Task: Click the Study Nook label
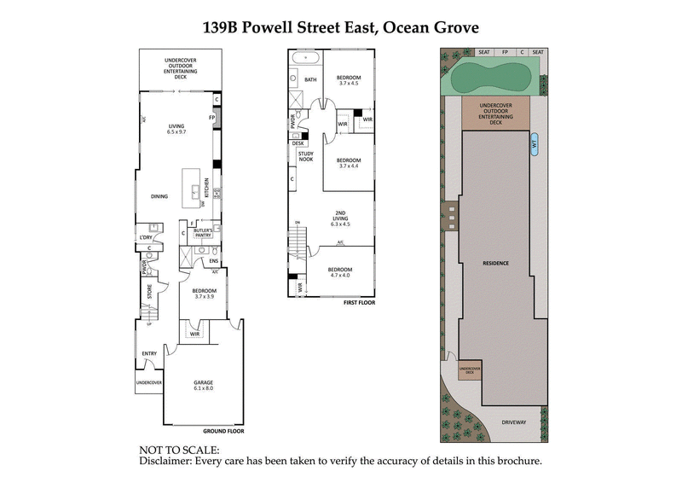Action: pyautogui.click(x=306, y=156)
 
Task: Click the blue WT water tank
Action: pyautogui.click(x=535, y=143)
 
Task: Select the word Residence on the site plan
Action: pyautogui.click(x=495, y=263)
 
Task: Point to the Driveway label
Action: pyautogui.click(x=514, y=422)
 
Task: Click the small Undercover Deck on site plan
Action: pyautogui.click(x=471, y=370)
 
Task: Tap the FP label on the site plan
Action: pyautogui.click(x=505, y=52)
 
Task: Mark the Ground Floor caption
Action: pyautogui.click(x=224, y=431)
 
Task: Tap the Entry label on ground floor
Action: pyautogui.click(x=149, y=352)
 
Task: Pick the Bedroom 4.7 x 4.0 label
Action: pyautogui.click(x=339, y=272)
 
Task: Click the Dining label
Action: pyautogui.click(x=159, y=196)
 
